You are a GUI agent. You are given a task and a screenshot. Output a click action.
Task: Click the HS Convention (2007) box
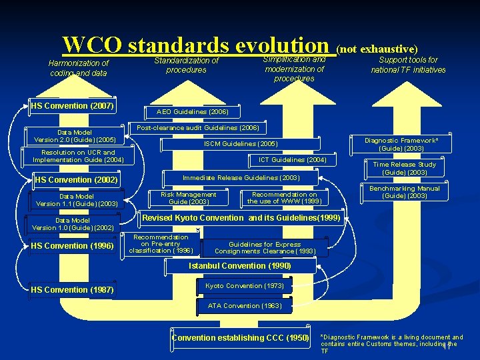tap(73, 106)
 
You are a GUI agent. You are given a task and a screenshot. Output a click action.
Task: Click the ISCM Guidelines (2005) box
tap(240, 143)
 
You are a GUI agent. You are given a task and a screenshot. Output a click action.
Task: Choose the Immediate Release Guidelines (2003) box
tap(241, 178)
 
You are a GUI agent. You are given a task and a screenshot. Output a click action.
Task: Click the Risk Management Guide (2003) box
tap(189, 198)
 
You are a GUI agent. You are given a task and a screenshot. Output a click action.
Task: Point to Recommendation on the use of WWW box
tap(284, 198)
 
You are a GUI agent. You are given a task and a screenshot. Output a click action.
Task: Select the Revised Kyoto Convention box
tap(241, 218)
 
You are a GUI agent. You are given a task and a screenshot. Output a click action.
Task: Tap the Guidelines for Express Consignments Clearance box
tap(264, 248)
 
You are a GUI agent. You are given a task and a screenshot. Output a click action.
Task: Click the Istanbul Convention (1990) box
tap(239, 266)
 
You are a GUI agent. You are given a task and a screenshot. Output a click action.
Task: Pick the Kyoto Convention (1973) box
tap(244, 286)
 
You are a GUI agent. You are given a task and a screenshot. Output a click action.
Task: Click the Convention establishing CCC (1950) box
tap(240, 338)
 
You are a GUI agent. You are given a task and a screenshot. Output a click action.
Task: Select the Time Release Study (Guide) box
tap(405, 168)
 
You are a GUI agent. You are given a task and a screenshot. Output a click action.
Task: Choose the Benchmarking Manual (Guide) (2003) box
tap(405, 192)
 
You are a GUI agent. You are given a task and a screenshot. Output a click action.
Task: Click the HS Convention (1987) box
tap(72, 290)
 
